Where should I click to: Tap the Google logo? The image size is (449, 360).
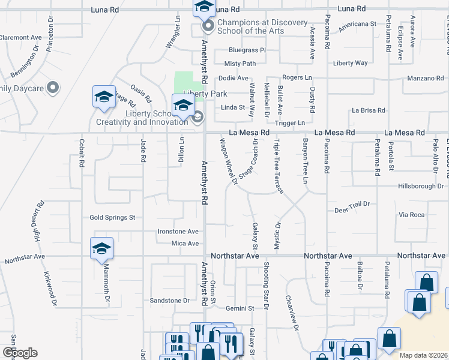pyautogui.click(x=19, y=353)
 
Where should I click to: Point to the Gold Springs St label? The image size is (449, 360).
pyautogui.click(x=113, y=218)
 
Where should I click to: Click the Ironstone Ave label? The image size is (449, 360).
pyautogui.click(x=178, y=232)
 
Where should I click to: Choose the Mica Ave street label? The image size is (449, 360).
pyautogui.click(x=185, y=244)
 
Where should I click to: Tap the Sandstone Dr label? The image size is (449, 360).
pyautogui.click(x=169, y=300)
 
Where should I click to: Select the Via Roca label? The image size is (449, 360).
pyautogui.click(x=412, y=214)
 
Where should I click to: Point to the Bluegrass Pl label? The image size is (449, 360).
pyautogui.click(x=247, y=50)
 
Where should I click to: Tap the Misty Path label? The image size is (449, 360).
pyautogui.click(x=240, y=64)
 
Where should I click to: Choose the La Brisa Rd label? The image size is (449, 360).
pyautogui.click(x=369, y=110)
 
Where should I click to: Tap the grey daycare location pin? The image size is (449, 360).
pyautogui.click(x=53, y=88)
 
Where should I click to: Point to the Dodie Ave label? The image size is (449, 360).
pyautogui.click(x=234, y=78)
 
